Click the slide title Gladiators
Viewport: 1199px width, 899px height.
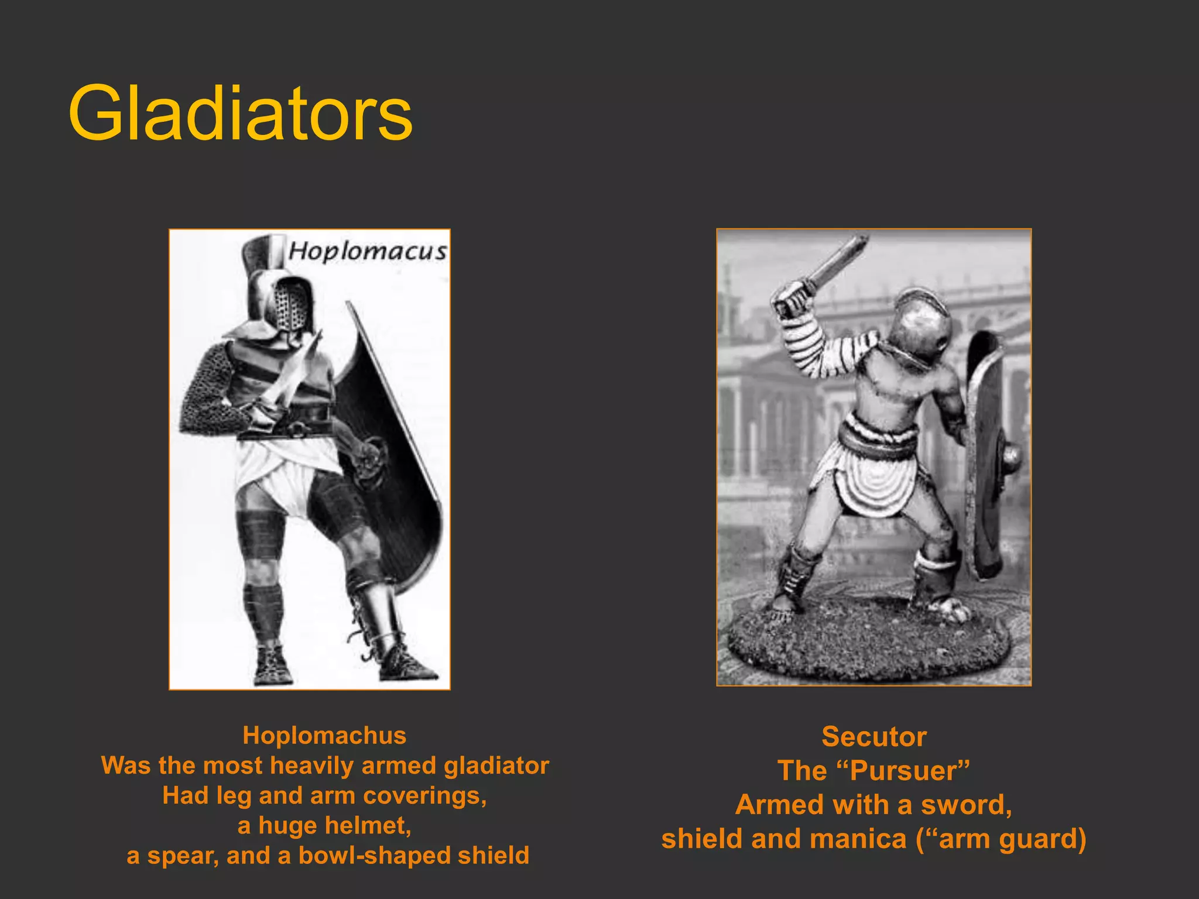(x=240, y=113)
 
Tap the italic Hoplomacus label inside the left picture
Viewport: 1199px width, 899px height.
(x=368, y=252)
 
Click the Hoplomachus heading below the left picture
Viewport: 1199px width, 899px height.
(x=324, y=736)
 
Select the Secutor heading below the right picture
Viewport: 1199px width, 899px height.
(x=873, y=737)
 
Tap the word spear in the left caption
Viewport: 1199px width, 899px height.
(x=182, y=856)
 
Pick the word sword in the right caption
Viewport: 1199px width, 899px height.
(x=966, y=805)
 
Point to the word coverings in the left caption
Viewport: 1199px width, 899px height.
(x=424, y=796)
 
